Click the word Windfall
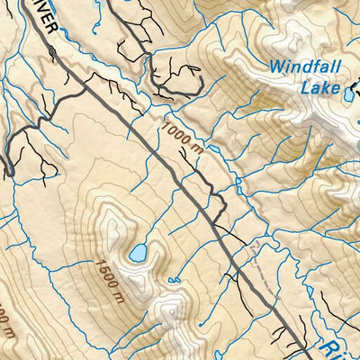click(x=308, y=66)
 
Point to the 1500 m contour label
click(x=106, y=274)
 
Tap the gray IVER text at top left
click(x=45, y=17)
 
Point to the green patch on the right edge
click(x=357, y=144)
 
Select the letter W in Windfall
click(x=274, y=66)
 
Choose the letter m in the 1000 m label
click(x=192, y=155)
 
